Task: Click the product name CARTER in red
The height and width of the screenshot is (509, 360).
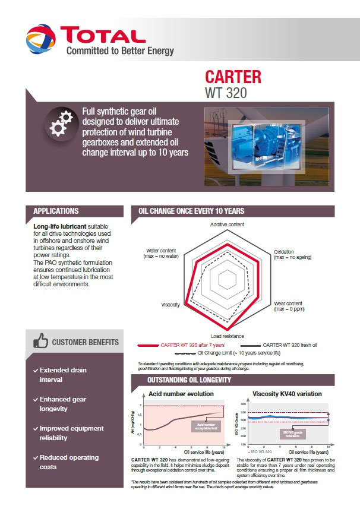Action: [x=233, y=78]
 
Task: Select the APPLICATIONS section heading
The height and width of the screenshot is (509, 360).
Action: [x=56, y=211]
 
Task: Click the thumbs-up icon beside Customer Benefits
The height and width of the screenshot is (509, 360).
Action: [x=41, y=342]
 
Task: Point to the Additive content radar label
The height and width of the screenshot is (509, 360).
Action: [x=227, y=225]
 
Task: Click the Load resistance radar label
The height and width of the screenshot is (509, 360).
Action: [x=227, y=336]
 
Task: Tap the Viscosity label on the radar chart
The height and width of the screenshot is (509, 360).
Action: [x=170, y=305]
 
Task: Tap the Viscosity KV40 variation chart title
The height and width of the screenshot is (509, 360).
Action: [x=287, y=394]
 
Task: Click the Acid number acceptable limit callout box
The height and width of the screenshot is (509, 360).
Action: [x=206, y=425]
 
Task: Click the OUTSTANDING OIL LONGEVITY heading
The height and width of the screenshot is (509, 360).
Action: [x=188, y=380]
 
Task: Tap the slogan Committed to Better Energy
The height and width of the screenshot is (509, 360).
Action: [x=120, y=51]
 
